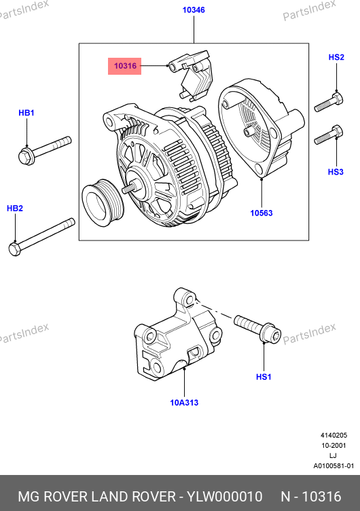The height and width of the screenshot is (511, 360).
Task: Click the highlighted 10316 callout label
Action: click(125, 66)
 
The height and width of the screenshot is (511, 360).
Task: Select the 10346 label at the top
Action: click(194, 10)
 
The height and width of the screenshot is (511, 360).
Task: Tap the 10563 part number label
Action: click(262, 213)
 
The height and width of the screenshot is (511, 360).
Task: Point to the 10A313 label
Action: click(184, 403)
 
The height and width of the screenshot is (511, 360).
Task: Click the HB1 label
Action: click(26, 113)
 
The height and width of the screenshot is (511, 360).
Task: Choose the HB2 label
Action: click(15, 208)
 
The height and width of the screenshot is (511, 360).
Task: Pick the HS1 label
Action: click(264, 377)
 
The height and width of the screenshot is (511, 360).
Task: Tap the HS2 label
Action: click(336, 57)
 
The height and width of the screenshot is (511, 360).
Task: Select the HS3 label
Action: click(336, 172)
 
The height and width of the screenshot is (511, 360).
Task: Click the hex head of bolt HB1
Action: click(26, 156)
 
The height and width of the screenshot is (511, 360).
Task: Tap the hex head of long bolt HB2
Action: click(15, 249)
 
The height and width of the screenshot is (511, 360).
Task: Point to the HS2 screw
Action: click(328, 102)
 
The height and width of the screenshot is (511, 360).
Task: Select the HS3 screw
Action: click(328, 135)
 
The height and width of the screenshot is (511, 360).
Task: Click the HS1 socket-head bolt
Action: click(257, 329)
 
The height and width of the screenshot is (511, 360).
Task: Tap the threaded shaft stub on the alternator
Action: click(128, 189)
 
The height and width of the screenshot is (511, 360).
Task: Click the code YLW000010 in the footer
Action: click(224, 497)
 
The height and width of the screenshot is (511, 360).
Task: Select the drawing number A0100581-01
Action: click(334, 466)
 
